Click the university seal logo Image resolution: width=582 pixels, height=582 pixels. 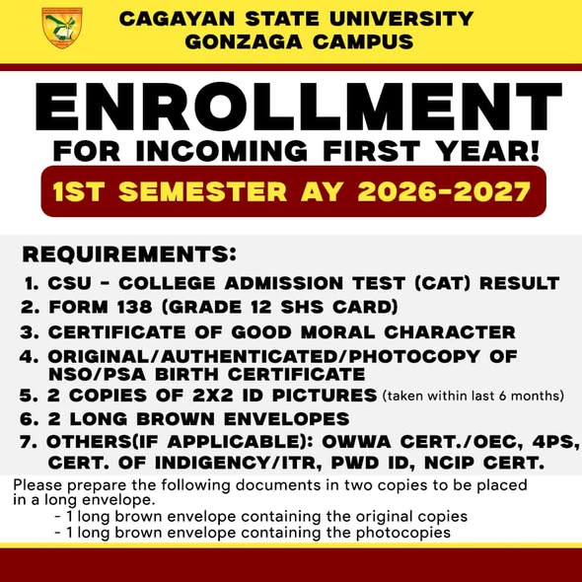pos(62,28)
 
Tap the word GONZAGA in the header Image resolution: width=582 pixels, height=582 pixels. pos(244,41)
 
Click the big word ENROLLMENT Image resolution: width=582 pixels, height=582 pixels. pos(299,107)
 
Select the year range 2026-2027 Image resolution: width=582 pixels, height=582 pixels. pos(444,191)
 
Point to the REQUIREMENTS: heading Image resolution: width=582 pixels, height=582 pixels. pos(129,255)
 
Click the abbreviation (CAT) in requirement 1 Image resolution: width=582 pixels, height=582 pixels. pos(443,283)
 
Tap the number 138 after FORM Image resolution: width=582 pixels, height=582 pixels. pos(134,307)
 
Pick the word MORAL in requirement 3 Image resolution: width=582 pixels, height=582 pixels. pos(337,332)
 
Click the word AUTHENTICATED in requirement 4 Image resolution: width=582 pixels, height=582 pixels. pos(249,357)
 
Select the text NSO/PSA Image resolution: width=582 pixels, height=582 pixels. pos(98,374)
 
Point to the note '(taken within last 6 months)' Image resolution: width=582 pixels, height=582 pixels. pos(473,396)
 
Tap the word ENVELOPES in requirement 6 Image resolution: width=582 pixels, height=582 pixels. pos(286,418)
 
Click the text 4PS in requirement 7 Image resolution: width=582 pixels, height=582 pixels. pos(555,442)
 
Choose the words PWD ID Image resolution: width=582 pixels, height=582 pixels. pos(373,463)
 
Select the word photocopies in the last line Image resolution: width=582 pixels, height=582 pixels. pos(403,533)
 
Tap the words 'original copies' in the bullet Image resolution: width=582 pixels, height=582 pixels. pos(411,517)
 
